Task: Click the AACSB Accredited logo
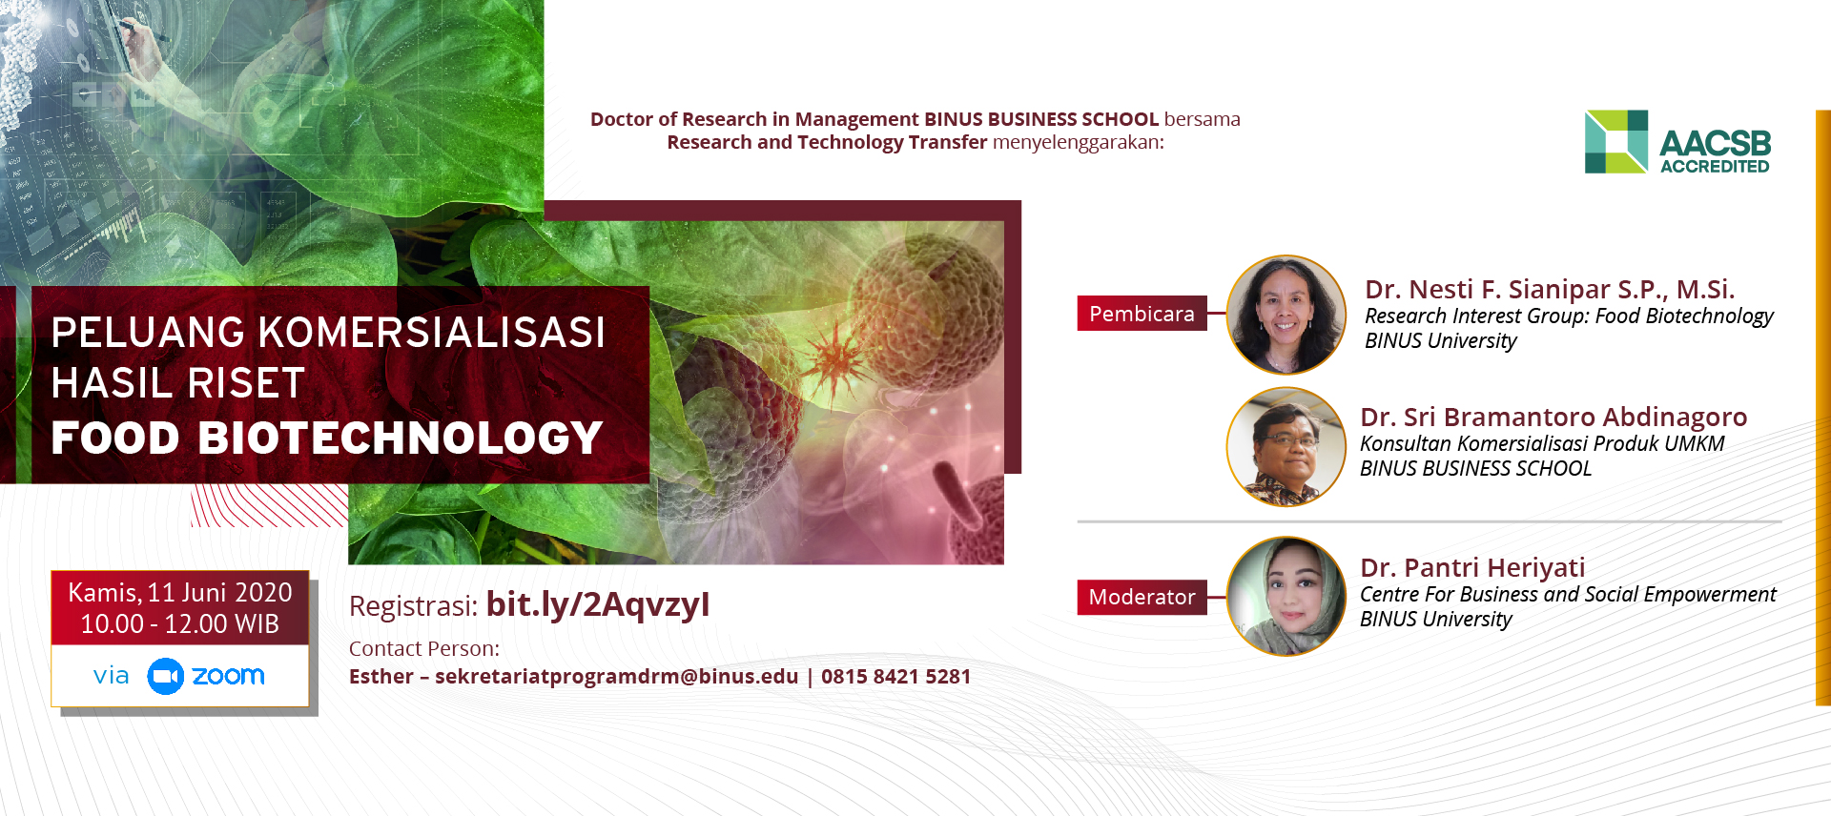coord(1677,142)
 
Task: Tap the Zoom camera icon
coord(165,676)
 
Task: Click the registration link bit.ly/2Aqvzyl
coord(598,604)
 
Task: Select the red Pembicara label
coord(1142,314)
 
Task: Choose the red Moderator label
coord(1142,597)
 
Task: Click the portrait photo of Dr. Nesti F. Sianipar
coord(1286,315)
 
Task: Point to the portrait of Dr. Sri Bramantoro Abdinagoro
coord(1286,446)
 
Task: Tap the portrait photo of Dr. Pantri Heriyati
coord(1286,597)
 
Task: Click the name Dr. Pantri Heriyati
coord(1472,568)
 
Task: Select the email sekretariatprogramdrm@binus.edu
coord(616,677)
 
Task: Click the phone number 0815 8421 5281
coord(895,677)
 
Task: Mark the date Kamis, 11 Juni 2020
coord(180,593)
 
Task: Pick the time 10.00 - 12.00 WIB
coord(180,624)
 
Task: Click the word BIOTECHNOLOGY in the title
coord(401,439)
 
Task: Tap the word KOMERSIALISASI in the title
coord(432,333)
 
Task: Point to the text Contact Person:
coord(424,649)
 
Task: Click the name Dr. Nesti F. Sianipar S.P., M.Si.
coord(1550,290)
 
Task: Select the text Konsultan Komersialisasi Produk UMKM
coord(1542,444)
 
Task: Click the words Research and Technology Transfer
coord(827,143)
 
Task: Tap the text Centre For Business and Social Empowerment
coord(1568,595)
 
